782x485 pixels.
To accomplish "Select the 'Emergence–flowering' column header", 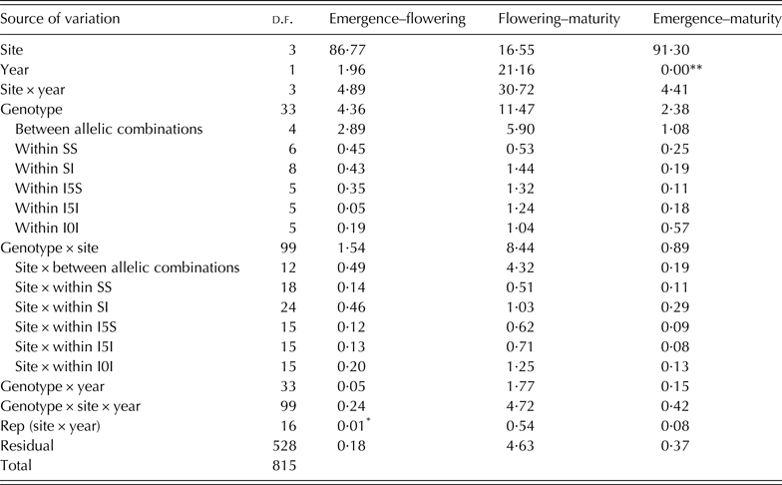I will point(386,19).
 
